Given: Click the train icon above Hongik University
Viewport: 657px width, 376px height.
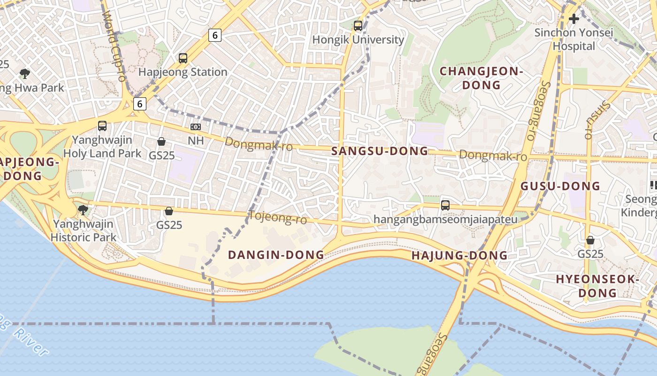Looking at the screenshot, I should coord(358,26).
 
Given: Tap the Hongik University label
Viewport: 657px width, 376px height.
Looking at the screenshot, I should coord(358,40).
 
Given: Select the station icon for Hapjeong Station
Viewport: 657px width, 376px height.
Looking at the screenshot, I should coord(183,58).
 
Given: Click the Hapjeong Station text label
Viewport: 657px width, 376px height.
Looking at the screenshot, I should coord(183,72).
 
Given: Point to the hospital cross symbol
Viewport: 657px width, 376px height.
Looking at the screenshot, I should coord(573,19).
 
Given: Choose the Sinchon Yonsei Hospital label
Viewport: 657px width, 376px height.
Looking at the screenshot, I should coord(573,39).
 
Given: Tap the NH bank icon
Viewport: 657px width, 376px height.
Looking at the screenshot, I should coord(196,127).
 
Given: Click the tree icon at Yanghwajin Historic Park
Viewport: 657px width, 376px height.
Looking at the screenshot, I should coord(83,210).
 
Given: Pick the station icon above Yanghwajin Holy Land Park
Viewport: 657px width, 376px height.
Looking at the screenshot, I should coord(102,126).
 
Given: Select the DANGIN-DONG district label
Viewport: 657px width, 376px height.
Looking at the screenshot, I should coord(276,255).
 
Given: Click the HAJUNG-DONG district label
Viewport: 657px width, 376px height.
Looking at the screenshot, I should coord(459,256).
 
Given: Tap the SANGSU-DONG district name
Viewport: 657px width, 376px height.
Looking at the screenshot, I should coord(380,151).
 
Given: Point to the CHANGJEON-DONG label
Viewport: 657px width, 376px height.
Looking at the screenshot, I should coord(481,78).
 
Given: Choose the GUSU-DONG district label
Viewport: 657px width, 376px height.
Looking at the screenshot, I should coord(560,186).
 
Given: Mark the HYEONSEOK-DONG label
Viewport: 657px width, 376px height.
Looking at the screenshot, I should coord(597,286).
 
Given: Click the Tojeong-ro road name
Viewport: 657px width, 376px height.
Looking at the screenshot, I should coord(278,218).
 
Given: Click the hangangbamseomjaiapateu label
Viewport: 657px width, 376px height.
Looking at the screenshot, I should coord(445,219).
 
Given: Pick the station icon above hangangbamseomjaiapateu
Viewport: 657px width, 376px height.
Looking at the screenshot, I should coord(445,205).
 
